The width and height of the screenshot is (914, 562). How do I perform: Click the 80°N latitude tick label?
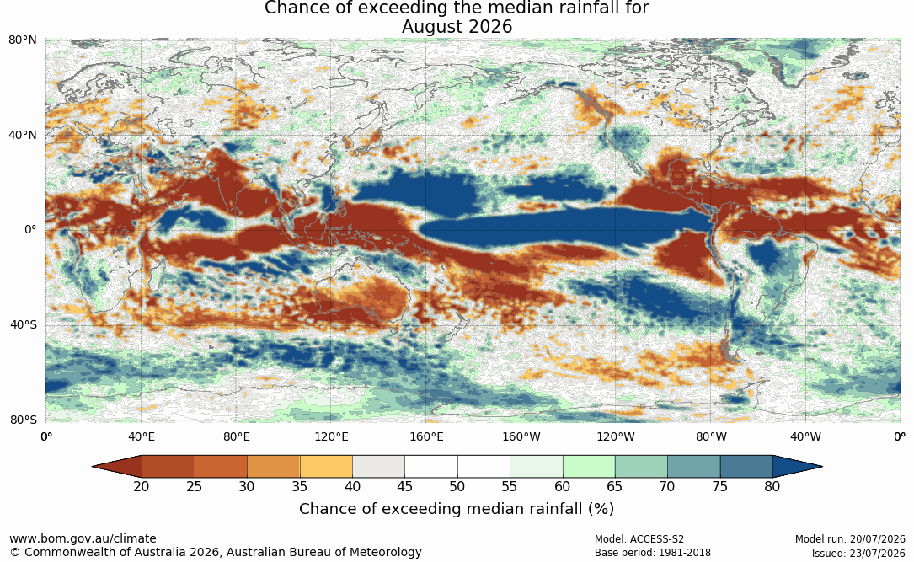(x=23, y=40)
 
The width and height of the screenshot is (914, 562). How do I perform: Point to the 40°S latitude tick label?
(x=24, y=324)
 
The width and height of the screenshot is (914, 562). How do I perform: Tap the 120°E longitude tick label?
(x=331, y=436)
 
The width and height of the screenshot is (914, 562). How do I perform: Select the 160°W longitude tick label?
(x=521, y=436)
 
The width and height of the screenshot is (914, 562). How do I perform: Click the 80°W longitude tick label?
(x=711, y=436)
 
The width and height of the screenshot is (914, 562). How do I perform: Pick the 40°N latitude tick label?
(x=23, y=136)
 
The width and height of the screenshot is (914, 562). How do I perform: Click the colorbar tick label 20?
(x=141, y=486)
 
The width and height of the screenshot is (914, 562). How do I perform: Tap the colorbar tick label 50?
(x=457, y=486)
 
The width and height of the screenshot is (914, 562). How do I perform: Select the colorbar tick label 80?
(x=772, y=486)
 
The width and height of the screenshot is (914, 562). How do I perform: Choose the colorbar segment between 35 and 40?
(x=326, y=467)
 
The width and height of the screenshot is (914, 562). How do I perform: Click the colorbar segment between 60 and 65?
(x=589, y=467)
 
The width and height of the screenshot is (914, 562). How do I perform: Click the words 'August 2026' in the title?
(x=457, y=27)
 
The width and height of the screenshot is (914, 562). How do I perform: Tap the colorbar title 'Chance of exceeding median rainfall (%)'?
(x=457, y=509)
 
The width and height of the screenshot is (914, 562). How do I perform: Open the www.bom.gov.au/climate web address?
(x=83, y=538)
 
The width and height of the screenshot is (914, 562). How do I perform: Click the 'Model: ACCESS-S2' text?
(x=639, y=539)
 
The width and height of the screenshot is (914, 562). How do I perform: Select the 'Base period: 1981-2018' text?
(x=653, y=553)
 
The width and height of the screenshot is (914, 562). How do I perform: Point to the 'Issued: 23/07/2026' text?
(x=858, y=553)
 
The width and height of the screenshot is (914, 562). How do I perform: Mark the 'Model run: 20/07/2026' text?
(x=851, y=539)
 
